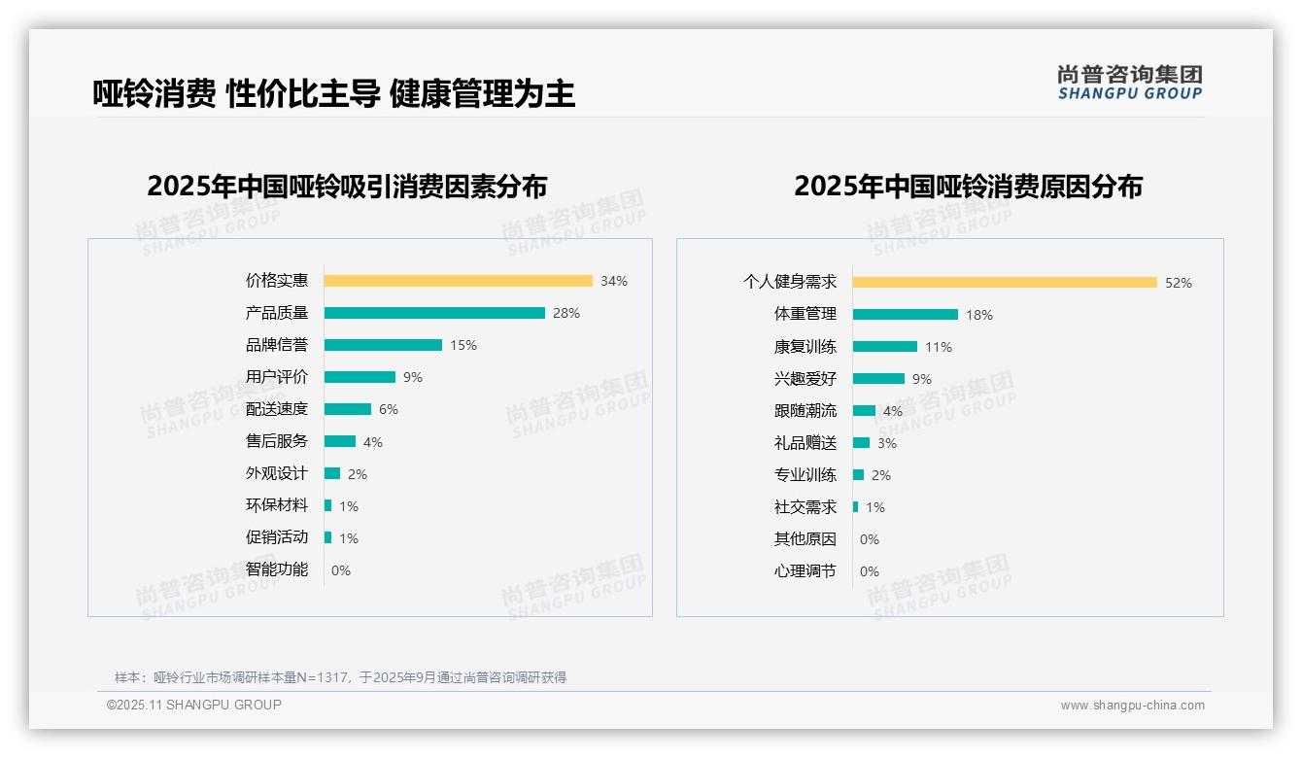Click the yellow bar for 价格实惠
(458, 281)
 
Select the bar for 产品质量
(434, 313)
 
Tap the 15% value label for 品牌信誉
(463, 345)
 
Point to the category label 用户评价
(276, 377)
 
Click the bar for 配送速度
(348, 409)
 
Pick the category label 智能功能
(276, 569)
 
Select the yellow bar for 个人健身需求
(1005, 283)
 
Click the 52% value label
(1179, 283)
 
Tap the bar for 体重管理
(906, 315)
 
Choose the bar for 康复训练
(885, 347)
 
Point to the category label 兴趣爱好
(805, 379)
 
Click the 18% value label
(979, 315)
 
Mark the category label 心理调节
(805, 571)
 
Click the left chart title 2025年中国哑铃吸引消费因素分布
(347, 187)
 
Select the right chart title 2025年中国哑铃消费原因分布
(968, 187)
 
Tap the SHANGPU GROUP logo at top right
(1129, 83)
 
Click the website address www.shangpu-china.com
(1132, 706)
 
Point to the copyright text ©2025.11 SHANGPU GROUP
(194, 705)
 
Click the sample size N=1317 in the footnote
(325, 677)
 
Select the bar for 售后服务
(340, 441)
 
